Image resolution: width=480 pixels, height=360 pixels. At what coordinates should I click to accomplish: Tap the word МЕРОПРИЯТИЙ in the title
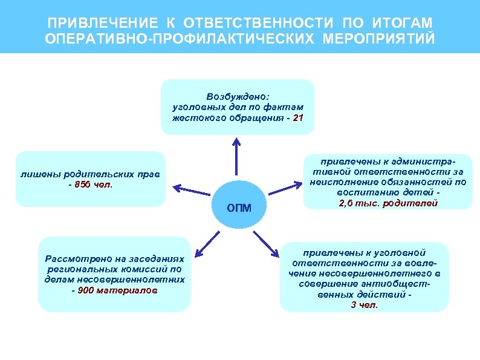[x=378, y=39]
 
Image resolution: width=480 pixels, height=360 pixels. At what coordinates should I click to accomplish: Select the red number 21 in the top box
[x=297, y=118]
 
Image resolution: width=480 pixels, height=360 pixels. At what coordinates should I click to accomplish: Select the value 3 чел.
[x=364, y=305]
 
